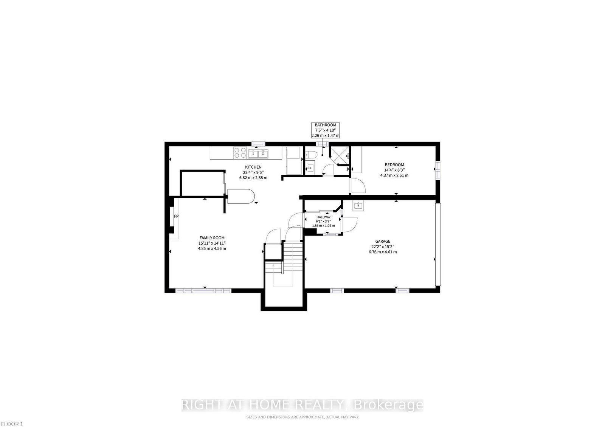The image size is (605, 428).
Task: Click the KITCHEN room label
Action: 253,167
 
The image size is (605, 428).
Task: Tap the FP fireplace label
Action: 176,216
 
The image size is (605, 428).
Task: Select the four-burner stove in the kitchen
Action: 239,153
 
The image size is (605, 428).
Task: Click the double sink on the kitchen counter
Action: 258,154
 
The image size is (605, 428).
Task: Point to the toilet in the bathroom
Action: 311,154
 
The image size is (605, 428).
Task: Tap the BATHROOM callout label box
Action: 325,130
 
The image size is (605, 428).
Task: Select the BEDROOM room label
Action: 394,165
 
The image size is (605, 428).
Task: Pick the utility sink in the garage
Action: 358,206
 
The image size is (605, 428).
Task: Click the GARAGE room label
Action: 383,241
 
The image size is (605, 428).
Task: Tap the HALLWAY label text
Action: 323,217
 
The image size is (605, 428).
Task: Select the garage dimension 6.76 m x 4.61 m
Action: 383,252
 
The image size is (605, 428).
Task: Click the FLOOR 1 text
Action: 12,424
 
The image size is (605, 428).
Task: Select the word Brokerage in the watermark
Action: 388,405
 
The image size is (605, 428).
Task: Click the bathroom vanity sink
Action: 310,167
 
